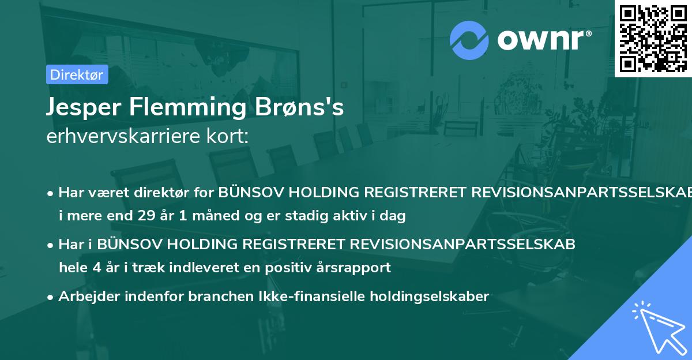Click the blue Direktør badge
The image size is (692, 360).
click(77, 74)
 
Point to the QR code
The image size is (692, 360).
click(653, 38)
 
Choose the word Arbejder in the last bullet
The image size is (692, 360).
click(86, 297)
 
